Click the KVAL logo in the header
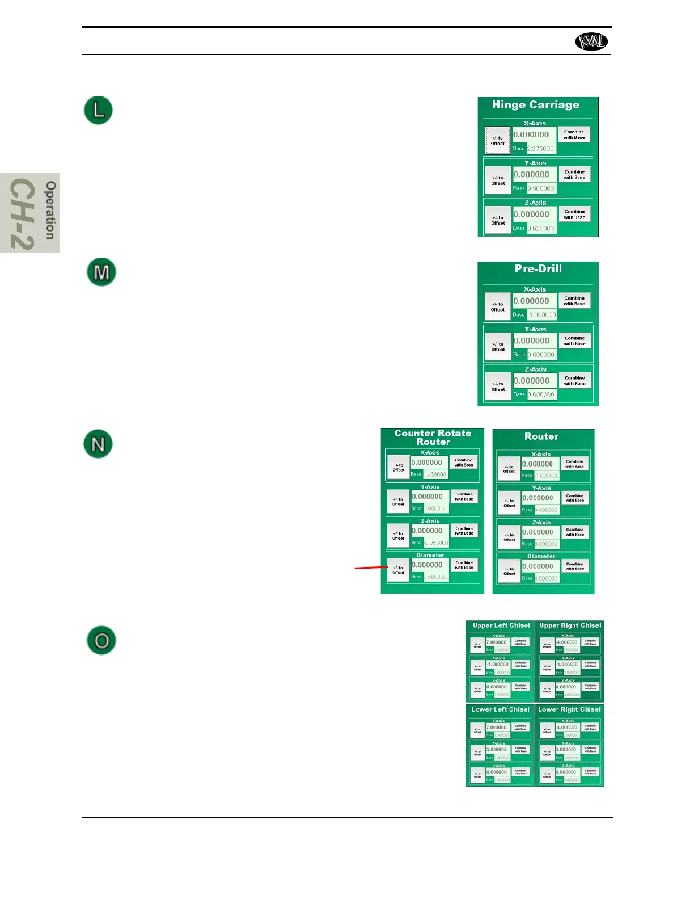(x=591, y=41)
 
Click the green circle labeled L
(x=99, y=110)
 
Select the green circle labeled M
(x=101, y=272)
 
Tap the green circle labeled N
(x=98, y=444)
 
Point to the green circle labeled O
(x=101, y=640)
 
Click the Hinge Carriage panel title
(x=535, y=105)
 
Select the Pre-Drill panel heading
(x=538, y=269)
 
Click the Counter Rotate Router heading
(x=433, y=437)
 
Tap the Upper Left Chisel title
(x=501, y=625)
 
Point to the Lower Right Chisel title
(x=569, y=709)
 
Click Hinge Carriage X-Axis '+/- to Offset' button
(x=498, y=141)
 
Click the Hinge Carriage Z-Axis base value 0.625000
(x=541, y=228)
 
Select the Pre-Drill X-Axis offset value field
(x=535, y=301)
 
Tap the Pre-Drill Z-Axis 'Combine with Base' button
(x=574, y=381)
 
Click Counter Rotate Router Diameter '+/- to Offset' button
(x=398, y=570)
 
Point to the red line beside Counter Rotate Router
(x=370, y=567)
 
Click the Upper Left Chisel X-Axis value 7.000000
(x=497, y=642)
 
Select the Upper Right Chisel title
(x=570, y=625)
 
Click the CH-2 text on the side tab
(x=23, y=214)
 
